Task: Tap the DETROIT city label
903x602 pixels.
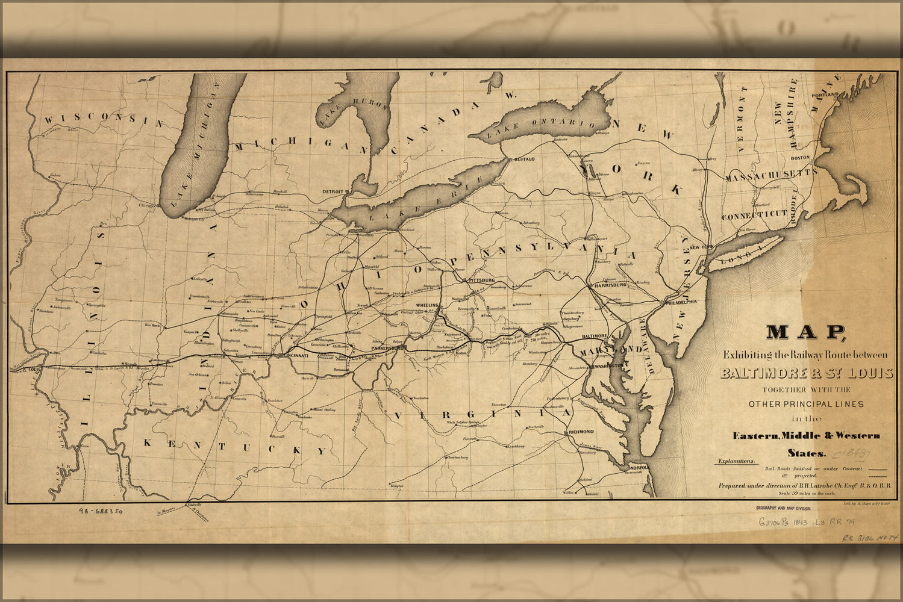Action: click(x=333, y=191)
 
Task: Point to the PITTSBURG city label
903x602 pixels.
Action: click(x=481, y=281)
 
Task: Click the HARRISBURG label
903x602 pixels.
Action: click(x=610, y=284)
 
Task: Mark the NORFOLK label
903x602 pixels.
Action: click(x=638, y=468)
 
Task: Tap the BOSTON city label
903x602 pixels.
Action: click(x=800, y=158)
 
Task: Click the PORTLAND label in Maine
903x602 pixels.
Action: click(x=825, y=95)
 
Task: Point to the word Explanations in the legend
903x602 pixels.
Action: click(x=736, y=462)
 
